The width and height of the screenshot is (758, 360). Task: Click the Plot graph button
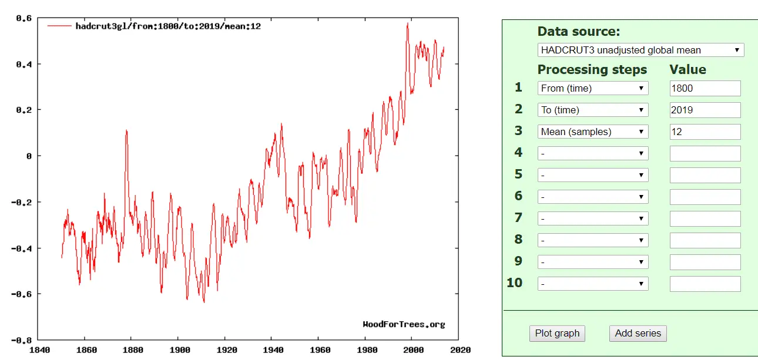pos(557,333)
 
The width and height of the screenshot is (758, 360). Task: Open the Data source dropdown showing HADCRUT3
pos(640,50)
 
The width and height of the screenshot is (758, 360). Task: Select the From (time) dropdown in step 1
pos(593,88)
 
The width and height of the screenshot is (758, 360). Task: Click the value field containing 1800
pos(705,88)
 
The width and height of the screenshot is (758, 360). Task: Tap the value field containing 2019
pos(705,110)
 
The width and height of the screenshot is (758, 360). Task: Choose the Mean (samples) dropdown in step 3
pos(593,132)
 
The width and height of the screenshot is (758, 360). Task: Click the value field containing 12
pos(705,132)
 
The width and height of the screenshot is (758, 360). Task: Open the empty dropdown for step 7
pos(593,218)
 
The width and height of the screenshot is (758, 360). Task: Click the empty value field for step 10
pos(705,284)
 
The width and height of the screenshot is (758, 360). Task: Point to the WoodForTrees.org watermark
pos(404,324)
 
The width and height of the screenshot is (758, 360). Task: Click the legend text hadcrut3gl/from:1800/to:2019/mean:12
pos(168,26)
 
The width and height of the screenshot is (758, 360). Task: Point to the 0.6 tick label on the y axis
pos(24,18)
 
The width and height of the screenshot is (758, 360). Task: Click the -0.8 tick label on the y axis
pos(22,340)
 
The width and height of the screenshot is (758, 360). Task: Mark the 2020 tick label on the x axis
pos(460,351)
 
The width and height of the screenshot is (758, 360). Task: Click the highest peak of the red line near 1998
pos(407,24)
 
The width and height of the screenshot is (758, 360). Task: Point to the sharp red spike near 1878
pos(126,131)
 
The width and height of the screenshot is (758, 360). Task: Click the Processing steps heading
pos(592,69)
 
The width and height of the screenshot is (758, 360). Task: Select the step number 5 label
pos(518,174)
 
